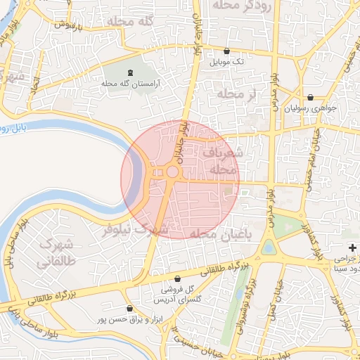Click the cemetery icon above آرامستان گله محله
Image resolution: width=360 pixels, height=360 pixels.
130,73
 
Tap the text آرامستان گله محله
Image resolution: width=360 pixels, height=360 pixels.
131,84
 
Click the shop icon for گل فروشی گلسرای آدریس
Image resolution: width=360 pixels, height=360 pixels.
188,278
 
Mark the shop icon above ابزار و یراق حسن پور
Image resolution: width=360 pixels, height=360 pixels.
129,309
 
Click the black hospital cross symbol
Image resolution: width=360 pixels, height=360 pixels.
353,248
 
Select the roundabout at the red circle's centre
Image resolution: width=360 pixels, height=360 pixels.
172,172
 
